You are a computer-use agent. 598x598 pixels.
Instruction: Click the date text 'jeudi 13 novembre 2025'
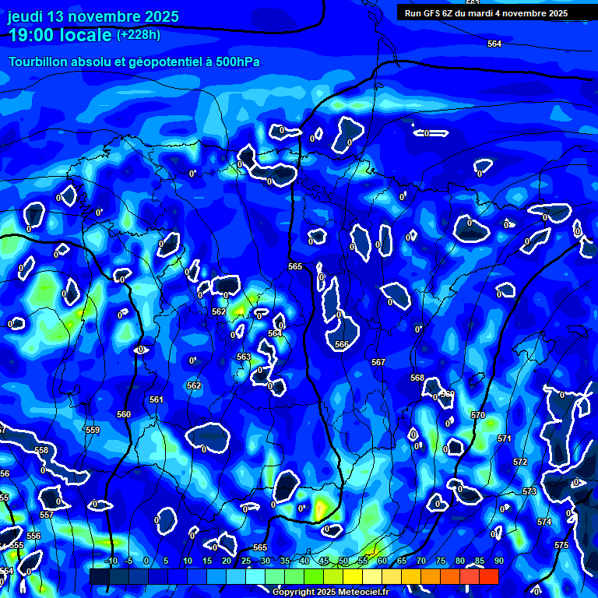pos(93,17)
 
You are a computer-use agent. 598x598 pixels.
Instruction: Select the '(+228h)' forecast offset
pos(139,35)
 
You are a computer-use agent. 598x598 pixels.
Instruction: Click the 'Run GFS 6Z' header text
pos(433,13)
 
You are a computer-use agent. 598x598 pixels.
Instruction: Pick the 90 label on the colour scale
pos(498,561)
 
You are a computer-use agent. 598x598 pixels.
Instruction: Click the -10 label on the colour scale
pos(111,561)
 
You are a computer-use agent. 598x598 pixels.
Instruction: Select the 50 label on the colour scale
pos(343,561)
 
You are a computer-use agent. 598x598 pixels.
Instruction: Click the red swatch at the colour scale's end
pos(488,576)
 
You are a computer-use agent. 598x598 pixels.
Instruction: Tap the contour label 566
pos(342,344)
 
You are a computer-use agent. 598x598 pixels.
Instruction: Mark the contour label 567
pos(378,362)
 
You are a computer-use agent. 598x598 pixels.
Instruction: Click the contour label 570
pos(478,415)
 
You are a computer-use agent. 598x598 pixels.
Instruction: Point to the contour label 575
pos(561,546)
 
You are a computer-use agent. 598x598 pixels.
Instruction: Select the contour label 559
pos(93,430)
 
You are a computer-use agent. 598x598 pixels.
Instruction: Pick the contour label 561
pos(157,399)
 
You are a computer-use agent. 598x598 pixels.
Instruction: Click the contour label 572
pos(520,462)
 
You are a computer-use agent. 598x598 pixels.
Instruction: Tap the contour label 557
pos(46,515)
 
